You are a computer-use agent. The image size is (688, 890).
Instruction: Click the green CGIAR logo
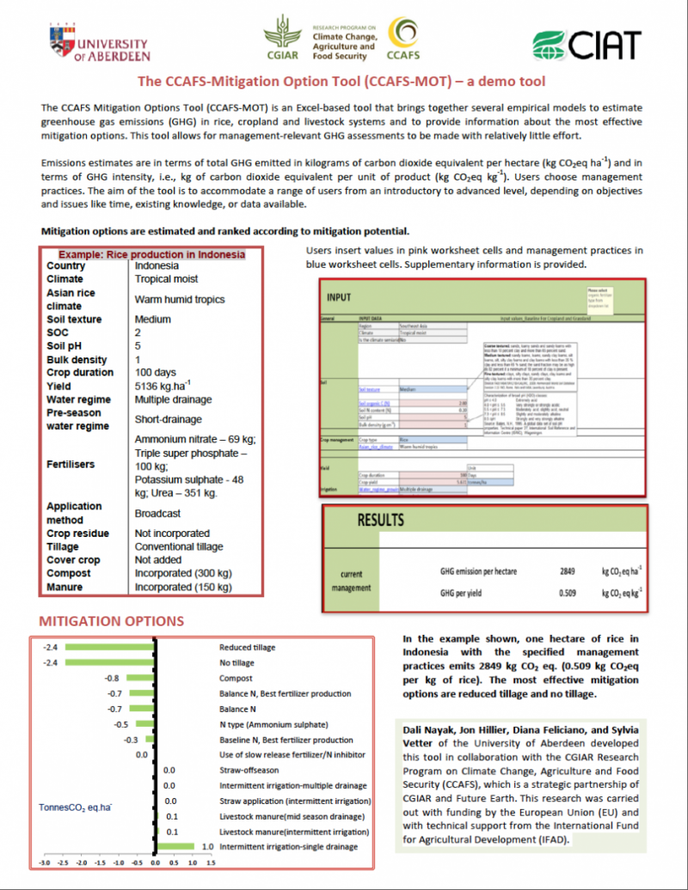tap(283, 39)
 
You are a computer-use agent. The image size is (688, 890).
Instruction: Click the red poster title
tap(342, 82)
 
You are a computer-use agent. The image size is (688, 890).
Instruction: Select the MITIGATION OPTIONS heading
tap(112, 621)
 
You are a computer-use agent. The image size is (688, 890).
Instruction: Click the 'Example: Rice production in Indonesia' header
tap(151, 254)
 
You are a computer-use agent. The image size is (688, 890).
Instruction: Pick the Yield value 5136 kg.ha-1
tap(169, 387)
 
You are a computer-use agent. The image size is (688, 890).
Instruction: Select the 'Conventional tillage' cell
tap(179, 546)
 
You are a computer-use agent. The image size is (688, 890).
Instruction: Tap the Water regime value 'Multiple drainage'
tap(174, 400)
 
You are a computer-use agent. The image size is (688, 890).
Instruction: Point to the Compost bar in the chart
tap(138, 678)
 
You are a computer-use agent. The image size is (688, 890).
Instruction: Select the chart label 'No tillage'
tap(236, 662)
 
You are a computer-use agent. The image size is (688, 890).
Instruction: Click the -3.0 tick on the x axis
tap(45, 862)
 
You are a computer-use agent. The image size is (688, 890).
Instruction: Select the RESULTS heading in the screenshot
tap(380, 521)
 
